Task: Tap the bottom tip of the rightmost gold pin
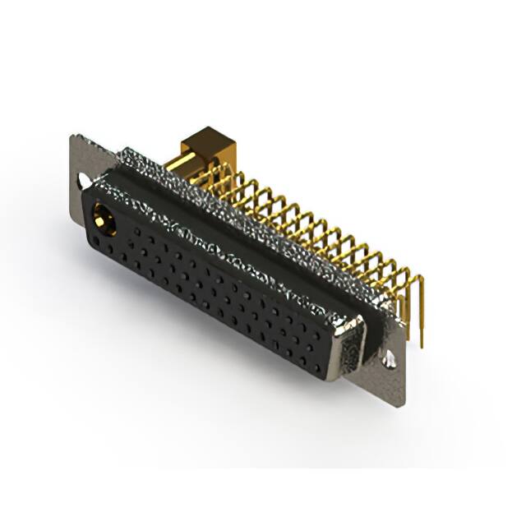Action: [422, 344]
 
